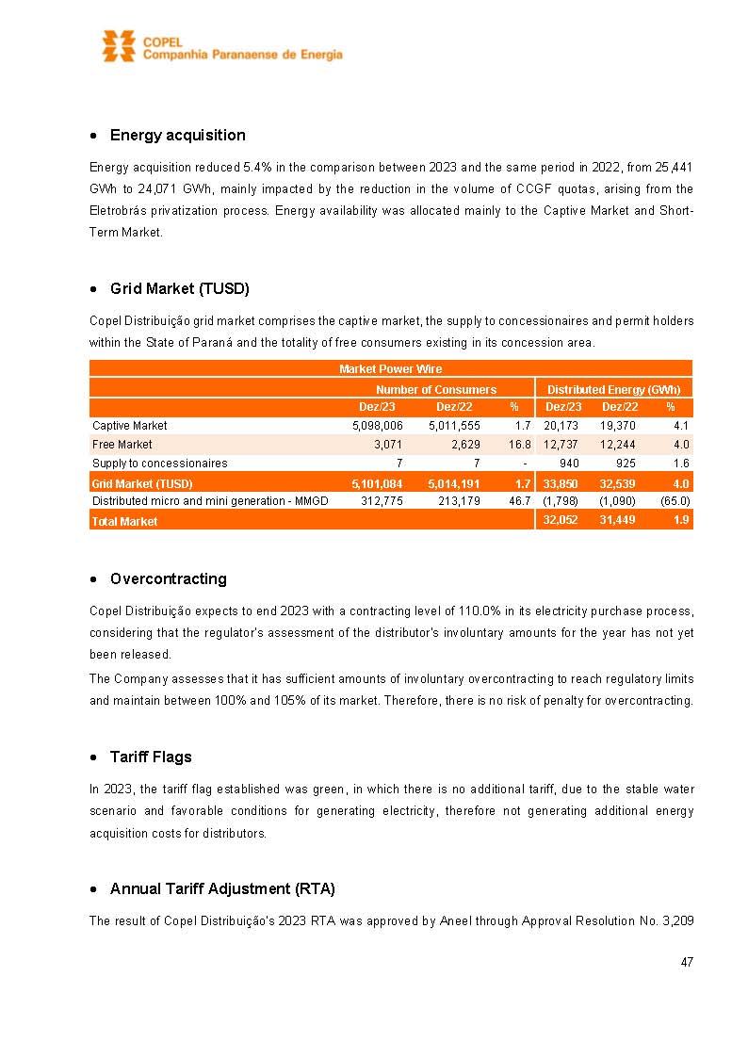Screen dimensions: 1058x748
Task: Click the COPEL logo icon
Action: [119, 46]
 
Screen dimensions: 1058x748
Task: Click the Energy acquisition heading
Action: [177, 135]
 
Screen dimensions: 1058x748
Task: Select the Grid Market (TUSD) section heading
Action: [179, 288]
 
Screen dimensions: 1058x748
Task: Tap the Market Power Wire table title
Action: [390, 368]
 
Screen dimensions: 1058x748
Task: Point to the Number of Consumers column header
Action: [435, 389]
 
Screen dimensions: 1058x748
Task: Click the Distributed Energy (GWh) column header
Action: [613, 389]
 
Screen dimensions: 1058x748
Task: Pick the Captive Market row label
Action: [130, 426]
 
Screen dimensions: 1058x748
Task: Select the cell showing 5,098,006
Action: [377, 426]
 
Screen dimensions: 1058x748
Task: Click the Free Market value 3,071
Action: [388, 444]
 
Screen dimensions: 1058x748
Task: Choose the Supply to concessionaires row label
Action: [159, 463]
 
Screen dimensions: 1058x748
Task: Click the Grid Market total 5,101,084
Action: [377, 483]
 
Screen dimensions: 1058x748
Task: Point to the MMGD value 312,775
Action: [382, 500]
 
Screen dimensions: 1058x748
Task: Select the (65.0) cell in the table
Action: [674, 500]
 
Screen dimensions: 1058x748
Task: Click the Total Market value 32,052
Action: [562, 520]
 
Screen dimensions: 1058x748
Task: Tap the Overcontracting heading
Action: [168, 578]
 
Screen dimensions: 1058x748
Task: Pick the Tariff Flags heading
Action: [151, 757]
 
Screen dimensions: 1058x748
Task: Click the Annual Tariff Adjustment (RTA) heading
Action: [222, 888]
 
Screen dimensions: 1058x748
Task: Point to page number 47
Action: [687, 962]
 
